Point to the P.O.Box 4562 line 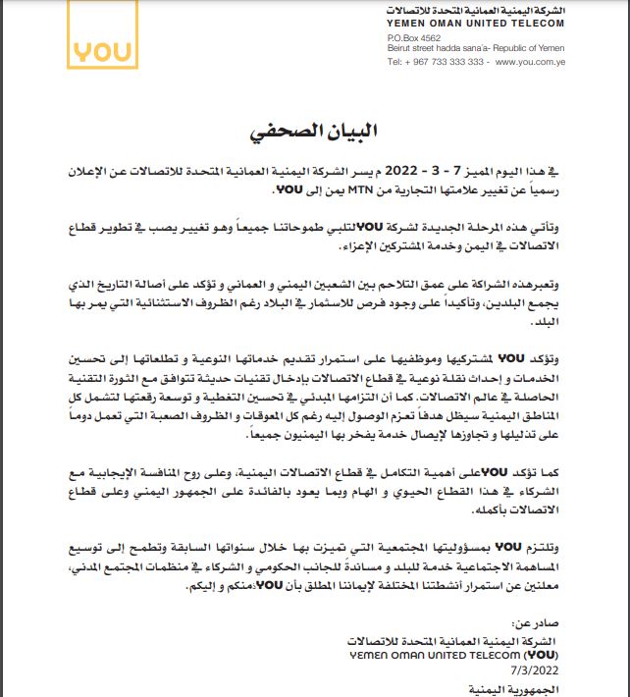pos(413,38)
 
